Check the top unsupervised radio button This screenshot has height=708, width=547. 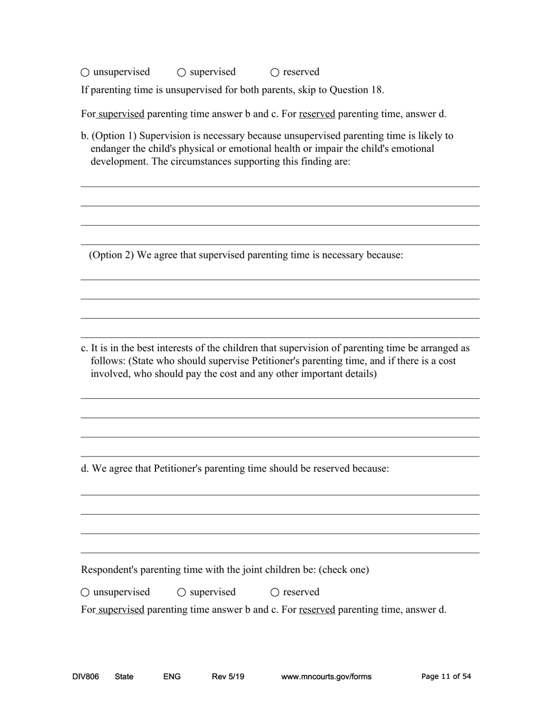tap(85, 73)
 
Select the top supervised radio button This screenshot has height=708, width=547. tap(181, 73)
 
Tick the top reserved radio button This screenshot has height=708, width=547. tap(275, 73)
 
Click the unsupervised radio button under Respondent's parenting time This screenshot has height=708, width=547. tap(85, 592)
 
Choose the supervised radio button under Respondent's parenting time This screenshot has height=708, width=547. tap(181, 592)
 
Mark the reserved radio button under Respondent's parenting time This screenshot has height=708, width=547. tap(275, 592)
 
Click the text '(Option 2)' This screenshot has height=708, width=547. tap(111, 255)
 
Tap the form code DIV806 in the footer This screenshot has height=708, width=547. tap(85, 677)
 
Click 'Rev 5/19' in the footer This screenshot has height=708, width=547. tap(228, 677)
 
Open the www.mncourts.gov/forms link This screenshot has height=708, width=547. tap(326, 677)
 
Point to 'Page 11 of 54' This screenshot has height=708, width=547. tap(446, 677)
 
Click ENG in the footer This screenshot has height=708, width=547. tap(172, 677)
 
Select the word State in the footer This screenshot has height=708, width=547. tap(124, 677)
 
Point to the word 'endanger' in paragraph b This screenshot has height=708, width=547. tap(109, 149)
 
